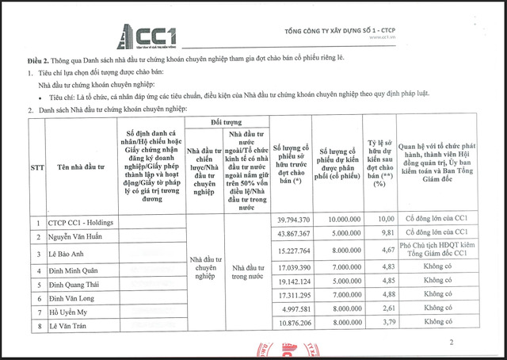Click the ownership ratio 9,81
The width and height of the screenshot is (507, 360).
tap(383, 234)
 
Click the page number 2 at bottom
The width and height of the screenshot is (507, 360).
tap(451, 343)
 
